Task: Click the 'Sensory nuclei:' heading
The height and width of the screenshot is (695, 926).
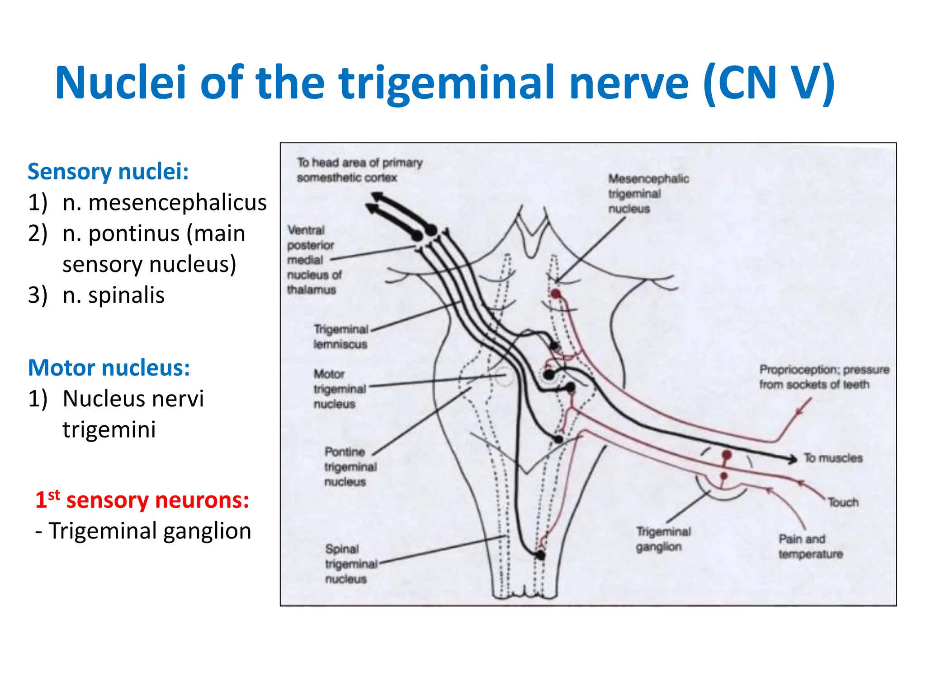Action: pyautogui.click(x=108, y=172)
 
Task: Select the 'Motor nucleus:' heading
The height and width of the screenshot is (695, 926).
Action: pyautogui.click(x=109, y=368)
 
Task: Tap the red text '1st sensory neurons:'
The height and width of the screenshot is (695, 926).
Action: pyautogui.click(x=142, y=500)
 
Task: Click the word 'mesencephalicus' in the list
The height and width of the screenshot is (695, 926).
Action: pyautogui.click(x=177, y=202)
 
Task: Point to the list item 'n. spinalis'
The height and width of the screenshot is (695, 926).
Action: pyautogui.click(x=113, y=295)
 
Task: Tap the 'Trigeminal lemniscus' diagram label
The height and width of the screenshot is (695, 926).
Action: pyautogui.click(x=340, y=337)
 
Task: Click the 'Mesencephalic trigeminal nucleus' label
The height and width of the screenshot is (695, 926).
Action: pyautogui.click(x=647, y=194)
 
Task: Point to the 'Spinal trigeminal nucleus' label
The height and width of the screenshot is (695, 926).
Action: pyautogui.click(x=350, y=564)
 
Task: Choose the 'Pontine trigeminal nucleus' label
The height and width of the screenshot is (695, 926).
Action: pyautogui.click(x=350, y=467)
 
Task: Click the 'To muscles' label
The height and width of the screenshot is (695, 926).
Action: pyautogui.click(x=833, y=458)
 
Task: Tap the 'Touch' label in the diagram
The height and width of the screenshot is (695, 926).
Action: pyautogui.click(x=843, y=502)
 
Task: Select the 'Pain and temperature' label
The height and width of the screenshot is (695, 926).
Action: pyautogui.click(x=810, y=547)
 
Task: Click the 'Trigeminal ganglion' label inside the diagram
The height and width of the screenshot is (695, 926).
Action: pyautogui.click(x=663, y=539)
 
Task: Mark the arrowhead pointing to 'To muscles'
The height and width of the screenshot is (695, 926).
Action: pyautogui.click(x=793, y=459)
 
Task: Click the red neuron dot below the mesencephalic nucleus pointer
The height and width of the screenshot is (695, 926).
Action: pyautogui.click(x=555, y=294)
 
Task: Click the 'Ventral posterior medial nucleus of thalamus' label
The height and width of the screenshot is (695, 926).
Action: pyautogui.click(x=314, y=260)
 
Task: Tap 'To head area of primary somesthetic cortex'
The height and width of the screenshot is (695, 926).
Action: pyautogui.click(x=359, y=170)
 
